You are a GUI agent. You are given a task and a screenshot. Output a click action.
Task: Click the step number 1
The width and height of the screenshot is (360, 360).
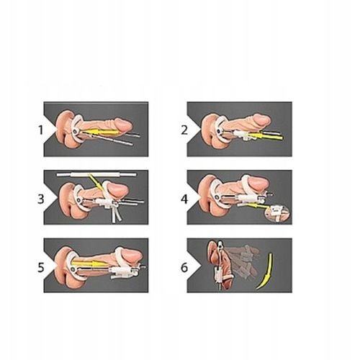[x=40, y=130]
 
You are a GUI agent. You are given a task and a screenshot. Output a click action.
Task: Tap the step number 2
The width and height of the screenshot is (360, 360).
[x=184, y=130]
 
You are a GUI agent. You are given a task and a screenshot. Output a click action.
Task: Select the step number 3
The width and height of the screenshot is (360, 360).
[x=41, y=199]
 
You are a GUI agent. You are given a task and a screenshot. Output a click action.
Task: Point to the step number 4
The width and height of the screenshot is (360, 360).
[x=184, y=199]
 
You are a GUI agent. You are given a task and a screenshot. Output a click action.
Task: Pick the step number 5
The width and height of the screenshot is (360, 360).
[x=41, y=267]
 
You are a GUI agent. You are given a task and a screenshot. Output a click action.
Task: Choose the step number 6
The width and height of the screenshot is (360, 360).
[x=184, y=267]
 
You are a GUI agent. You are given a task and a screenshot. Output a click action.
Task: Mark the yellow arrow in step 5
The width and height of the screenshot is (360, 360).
[x=90, y=264]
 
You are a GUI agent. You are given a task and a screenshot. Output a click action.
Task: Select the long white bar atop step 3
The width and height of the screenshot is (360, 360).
[x=96, y=174]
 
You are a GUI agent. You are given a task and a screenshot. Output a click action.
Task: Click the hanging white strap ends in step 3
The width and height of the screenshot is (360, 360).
[x=117, y=215]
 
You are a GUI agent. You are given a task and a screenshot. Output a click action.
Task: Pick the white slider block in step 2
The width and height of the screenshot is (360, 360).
[x=241, y=135]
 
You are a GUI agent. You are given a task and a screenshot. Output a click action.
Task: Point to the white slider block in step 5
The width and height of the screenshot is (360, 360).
[x=124, y=273]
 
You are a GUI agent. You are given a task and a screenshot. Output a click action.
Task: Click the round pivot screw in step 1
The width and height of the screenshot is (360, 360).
[x=76, y=131]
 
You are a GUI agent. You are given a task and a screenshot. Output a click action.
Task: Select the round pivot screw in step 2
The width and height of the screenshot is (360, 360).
[x=219, y=131]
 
